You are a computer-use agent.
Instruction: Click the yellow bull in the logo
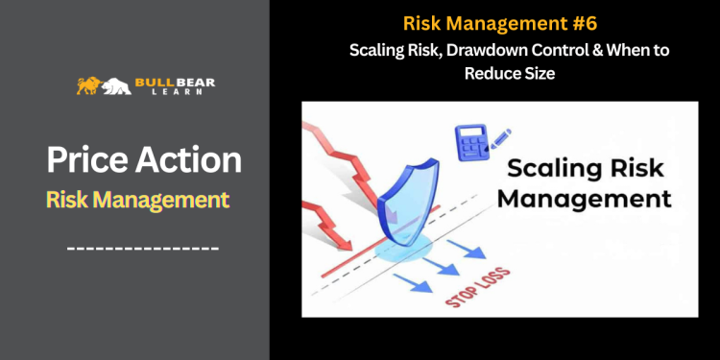[88, 85]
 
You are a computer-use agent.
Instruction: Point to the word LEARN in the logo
[175, 93]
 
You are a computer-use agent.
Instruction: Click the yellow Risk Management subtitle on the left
[137, 200]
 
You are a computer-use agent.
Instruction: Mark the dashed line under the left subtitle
[143, 249]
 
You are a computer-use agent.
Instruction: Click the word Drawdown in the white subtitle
[503, 51]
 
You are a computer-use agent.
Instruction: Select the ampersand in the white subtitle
[563, 51]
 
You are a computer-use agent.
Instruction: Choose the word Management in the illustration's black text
[588, 200]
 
